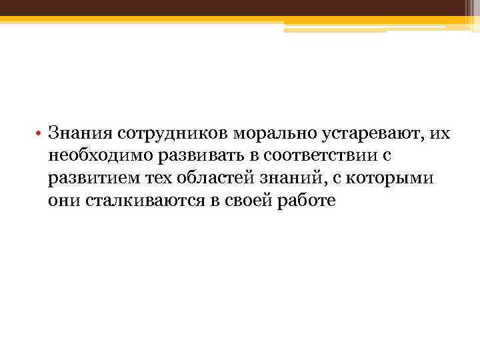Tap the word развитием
tap(90, 178)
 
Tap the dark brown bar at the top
tap(240, 9)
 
